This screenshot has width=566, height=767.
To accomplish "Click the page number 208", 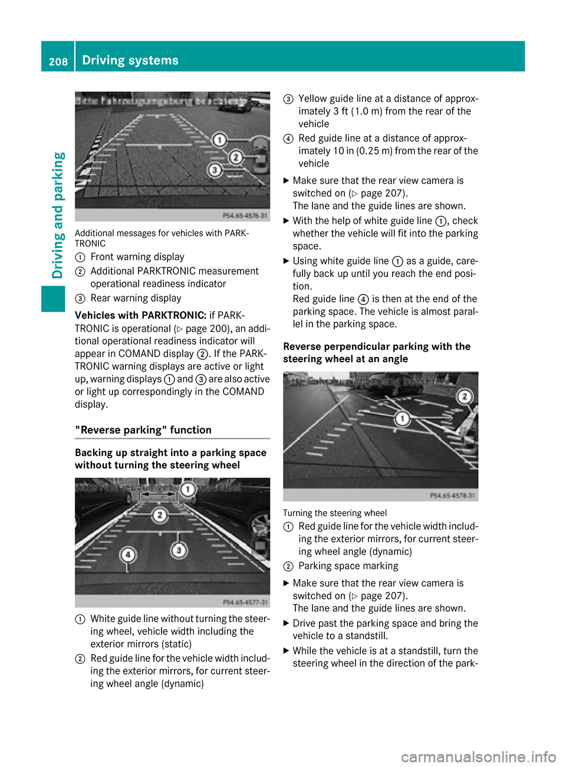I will coord(58,61).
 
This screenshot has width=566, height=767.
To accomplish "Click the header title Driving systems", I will coord(130,60).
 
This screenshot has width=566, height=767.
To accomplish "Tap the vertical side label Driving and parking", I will coord(58,215).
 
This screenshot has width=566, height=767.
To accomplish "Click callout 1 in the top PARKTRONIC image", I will coord(219,140).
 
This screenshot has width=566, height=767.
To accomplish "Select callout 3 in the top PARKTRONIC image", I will coord(215,170).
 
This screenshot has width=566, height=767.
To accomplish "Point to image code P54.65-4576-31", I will coord(245,216).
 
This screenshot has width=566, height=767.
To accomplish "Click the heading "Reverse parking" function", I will coord(143,430).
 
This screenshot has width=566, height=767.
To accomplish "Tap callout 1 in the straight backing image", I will coord(188,490).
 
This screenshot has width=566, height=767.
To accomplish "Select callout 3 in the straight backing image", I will coord(179,550).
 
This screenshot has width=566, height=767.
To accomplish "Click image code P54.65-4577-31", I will coord(245,602).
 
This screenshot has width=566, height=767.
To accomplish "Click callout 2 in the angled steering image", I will coord(465,396).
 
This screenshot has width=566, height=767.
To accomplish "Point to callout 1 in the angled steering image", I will coord(403,419).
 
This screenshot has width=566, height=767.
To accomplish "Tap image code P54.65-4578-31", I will coord(453,495).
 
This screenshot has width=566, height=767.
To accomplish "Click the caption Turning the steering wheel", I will coord(335,513).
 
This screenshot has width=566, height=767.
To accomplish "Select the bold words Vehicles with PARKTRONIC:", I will coord(140,315).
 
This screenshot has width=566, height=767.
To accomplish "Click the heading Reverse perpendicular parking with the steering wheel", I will coord(377,352).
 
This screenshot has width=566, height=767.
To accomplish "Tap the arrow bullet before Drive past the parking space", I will coord(287,623).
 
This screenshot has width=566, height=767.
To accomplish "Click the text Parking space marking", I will coord(348,566).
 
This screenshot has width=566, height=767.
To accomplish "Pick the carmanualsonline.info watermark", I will coord(478,756).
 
